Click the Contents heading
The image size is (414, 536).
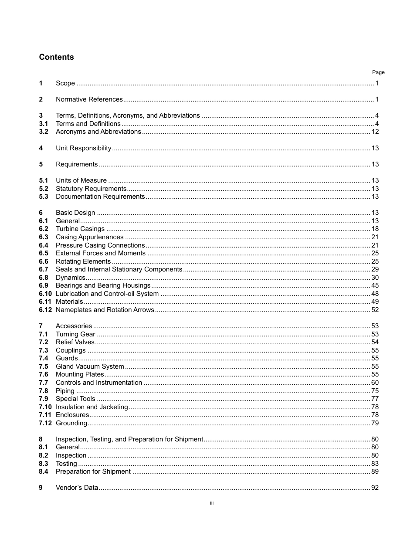tap(56, 57)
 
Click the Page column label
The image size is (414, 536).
tap(378, 72)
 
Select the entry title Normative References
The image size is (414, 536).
tap(89, 99)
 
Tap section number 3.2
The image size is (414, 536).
tap(44, 132)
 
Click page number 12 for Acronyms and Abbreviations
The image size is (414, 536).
tap(375, 132)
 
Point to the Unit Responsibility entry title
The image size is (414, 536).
tap(83, 148)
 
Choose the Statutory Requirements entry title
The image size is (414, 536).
tap(91, 189)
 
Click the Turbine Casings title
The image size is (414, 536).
tap(80, 229)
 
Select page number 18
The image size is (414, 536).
tap(375, 229)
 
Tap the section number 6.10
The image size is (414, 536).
tap(45, 294)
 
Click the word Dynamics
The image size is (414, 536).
tap(70, 278)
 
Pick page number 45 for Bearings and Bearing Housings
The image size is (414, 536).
tap(375, 285)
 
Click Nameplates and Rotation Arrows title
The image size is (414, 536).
tap(105, 310)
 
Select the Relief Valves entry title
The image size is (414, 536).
tap(75, 342)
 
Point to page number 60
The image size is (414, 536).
tap(375, 383)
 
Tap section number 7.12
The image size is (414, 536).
tap(45, 423)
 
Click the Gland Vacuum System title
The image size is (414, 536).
tap(90, 366)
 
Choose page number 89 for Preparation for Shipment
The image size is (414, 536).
tap(375, 472)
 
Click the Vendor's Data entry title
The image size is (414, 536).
tap(77, 488)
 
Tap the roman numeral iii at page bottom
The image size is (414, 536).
tap(211, 503)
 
